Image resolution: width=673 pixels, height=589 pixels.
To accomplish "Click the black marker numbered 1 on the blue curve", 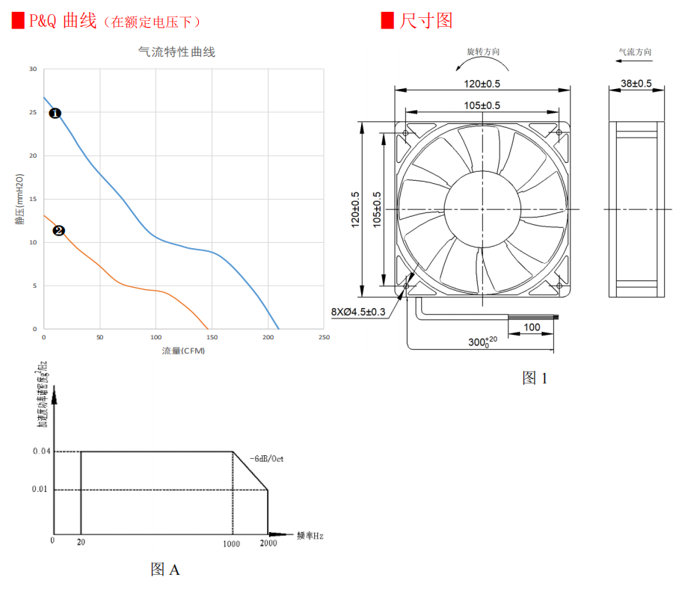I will click(x=55, y=114).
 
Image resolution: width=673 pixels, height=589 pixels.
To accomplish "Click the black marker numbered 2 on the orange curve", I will click(x=59, y=231).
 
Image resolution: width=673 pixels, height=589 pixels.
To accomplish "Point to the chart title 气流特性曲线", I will click(x=177, y=52).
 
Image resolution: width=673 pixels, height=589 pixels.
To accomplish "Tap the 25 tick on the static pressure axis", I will click(x=32, y=113).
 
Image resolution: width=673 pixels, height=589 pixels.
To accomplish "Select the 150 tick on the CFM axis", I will click(x=212, y=338).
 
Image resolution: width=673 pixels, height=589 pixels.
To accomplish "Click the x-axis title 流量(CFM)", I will click(x=183, y=351).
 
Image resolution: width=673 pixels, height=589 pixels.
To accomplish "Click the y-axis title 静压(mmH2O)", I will click(x=19, y=199).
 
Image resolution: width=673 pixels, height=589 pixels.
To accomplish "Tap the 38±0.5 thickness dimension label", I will click(x=636, y=83).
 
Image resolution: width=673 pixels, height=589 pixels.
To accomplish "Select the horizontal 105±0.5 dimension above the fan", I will click(x=482, y=105).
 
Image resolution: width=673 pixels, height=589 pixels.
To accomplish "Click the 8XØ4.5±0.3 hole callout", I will click(x=358, y=312).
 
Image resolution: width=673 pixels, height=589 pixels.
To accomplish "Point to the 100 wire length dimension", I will click(x=532, y=327).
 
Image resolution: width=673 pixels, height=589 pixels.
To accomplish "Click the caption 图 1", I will click(x=535, y=378).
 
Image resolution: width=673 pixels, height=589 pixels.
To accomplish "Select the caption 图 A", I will click(x=165, y=570).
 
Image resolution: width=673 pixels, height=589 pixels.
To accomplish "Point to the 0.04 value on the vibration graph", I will click(x=42, y=451).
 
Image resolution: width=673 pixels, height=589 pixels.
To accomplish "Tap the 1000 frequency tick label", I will click(x=231, y=543).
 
